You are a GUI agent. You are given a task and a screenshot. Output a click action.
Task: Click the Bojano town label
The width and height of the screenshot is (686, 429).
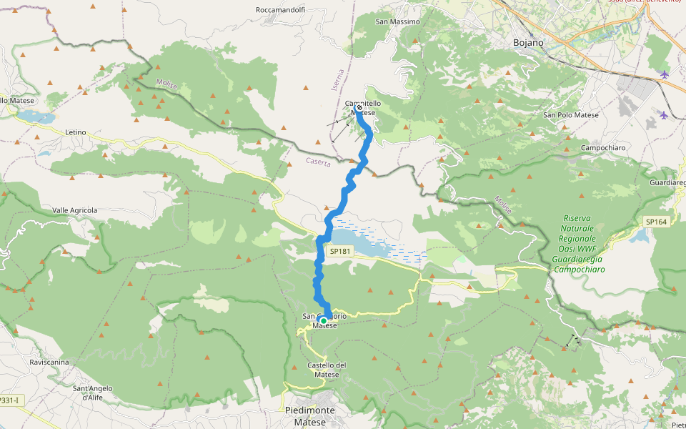(x=528, y=43)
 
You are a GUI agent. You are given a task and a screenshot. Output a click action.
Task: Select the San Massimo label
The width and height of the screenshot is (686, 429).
(x=397, y=22)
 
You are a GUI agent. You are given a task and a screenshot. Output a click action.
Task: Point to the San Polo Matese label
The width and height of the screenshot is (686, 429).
(x=571, y=114)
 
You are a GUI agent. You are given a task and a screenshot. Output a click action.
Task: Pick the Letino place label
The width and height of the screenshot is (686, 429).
(x=75, y=132)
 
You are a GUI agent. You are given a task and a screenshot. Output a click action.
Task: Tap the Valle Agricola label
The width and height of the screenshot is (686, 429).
(x=74, y=210)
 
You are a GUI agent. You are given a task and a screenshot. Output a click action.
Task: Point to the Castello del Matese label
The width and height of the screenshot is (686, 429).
(x=327, y=370)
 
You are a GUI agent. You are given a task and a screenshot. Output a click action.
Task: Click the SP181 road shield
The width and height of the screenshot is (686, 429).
(x=341, y=252)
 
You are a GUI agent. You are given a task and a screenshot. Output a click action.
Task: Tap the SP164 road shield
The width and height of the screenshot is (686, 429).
(x=656, y=222)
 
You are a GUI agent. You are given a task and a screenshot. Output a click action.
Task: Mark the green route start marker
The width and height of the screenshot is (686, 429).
(x=324, y=321)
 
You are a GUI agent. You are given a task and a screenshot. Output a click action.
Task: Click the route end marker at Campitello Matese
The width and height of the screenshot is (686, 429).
(x=359, y=109)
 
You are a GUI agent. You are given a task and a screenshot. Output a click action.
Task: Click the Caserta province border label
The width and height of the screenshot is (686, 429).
(x=319, y=162)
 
